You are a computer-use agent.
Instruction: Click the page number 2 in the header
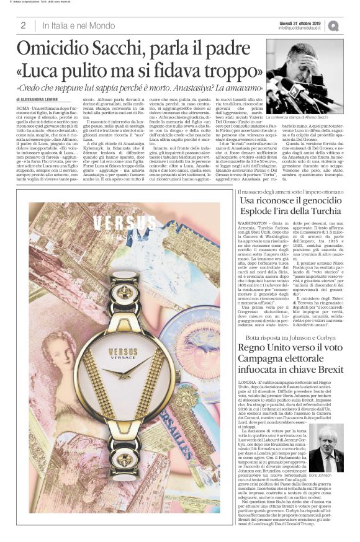point(23,25)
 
